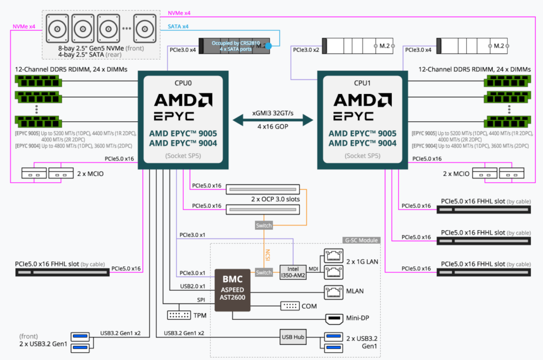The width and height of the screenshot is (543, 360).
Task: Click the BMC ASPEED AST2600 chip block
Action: click(232, 290)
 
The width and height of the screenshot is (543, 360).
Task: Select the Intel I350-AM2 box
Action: click(293, 272)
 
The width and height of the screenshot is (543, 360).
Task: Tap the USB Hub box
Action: click(293, 337)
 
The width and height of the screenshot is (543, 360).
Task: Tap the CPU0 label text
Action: click(183, 83)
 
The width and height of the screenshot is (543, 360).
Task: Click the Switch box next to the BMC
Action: click(264, 273)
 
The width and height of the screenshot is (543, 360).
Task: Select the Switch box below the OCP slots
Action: click(264, 225)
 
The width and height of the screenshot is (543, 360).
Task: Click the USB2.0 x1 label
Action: click(192, 286)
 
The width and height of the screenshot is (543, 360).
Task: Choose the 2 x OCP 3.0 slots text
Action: click(275, 199)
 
